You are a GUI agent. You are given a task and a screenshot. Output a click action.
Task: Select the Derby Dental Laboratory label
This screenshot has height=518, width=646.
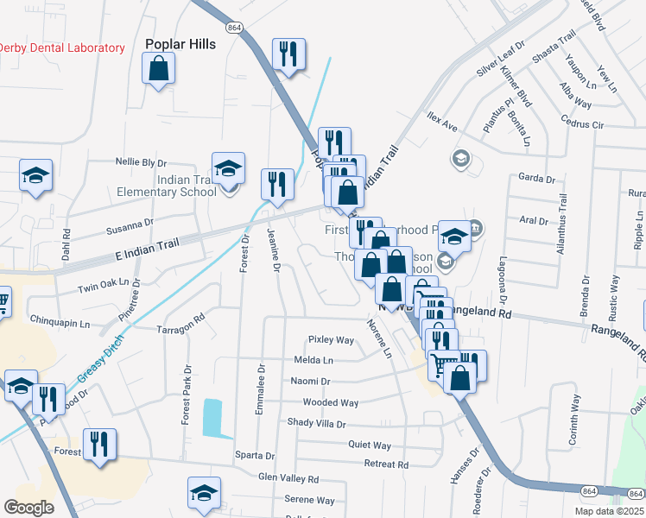click(x=61, y=48)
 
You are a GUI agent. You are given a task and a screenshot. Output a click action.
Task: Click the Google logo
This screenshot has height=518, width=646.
click(x=29, y=508)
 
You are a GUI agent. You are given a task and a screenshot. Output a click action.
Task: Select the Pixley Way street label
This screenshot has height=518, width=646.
click(x=332, y=340)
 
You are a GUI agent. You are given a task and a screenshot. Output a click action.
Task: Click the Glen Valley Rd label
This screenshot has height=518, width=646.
click(x=288, y=478)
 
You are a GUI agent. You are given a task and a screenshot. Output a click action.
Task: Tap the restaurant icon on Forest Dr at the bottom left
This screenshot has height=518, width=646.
click(x=99, y=445)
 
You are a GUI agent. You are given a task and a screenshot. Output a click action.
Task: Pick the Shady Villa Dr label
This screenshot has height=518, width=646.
click(x=316, y=424)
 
